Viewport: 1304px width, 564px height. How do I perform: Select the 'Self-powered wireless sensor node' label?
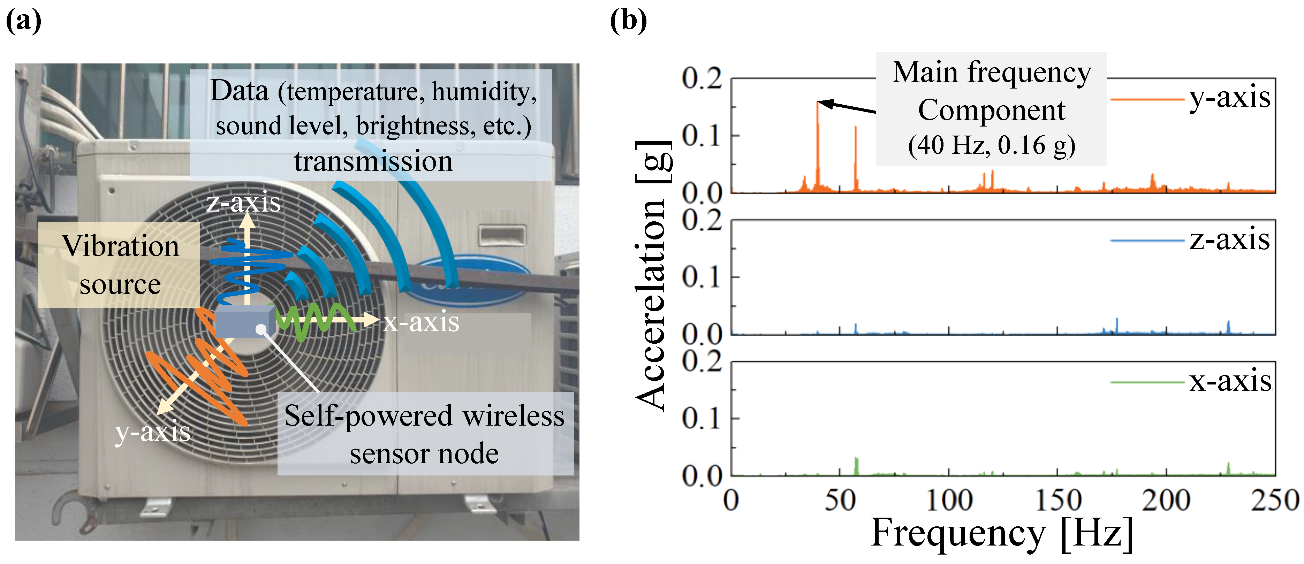pyautogui.click(x=424, y=434)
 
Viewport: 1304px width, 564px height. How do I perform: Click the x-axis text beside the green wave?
pyautogui.click(x=420, y=322)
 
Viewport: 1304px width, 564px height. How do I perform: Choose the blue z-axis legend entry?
pyautogui.click(x=1190, y=239)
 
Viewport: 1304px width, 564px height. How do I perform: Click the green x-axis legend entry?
pyautogui.click(x=1190, y=381)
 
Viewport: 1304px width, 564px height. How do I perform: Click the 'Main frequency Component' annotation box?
pyautogui.click(x=991, y=109)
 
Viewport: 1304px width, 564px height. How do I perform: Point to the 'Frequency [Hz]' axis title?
pyautogui.click(x=1001, y=533)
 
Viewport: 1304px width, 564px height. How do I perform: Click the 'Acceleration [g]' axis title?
pyautogui.click(x=653, y=276)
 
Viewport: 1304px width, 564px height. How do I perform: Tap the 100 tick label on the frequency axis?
pyautogui.click(x=949, y=500)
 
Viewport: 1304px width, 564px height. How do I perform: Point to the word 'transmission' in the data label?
pyautogui.click(x=373, y=162)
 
